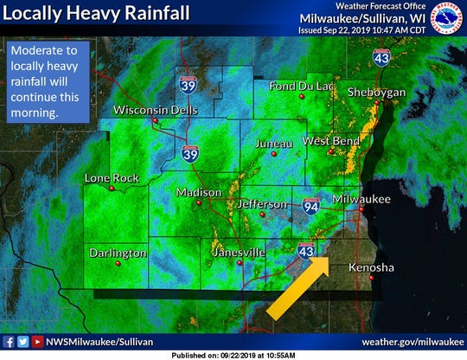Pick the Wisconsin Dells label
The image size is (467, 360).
coord(157,110)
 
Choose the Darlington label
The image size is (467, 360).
coord(118,253)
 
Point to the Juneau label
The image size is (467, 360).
coord(274,144)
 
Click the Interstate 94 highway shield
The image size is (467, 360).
coord(312,206)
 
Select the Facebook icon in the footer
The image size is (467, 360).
coord(9,341)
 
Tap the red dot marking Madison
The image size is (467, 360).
coord(199,202)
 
